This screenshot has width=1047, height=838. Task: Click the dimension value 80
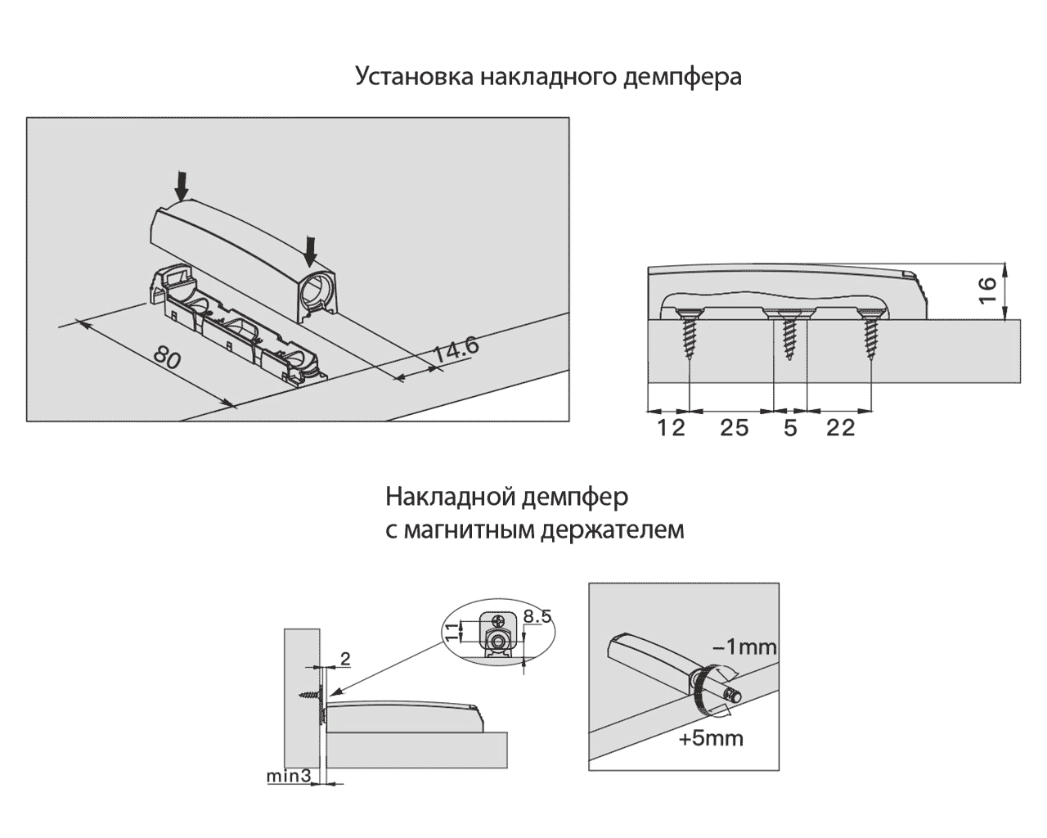[x=167, y=359]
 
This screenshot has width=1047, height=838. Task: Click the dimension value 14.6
[x=456, y=351]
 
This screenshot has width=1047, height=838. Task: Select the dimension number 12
[x=671, y=427]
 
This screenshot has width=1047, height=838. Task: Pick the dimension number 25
[x=734, y=427]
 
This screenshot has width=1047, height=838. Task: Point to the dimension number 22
[x=840, y=427]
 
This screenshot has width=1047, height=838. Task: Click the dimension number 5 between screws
[x=789, y=427]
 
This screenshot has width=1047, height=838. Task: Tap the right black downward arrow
[x=309, y=250]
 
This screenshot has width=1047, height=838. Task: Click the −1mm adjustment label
[x=744, y=647]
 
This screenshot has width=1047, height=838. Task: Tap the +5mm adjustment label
[x=711, y=738]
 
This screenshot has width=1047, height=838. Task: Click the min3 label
[x=288, y=774]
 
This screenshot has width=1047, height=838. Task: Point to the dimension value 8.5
[x=537, y=616]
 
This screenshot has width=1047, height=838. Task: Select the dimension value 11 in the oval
[x=450, y=631]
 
